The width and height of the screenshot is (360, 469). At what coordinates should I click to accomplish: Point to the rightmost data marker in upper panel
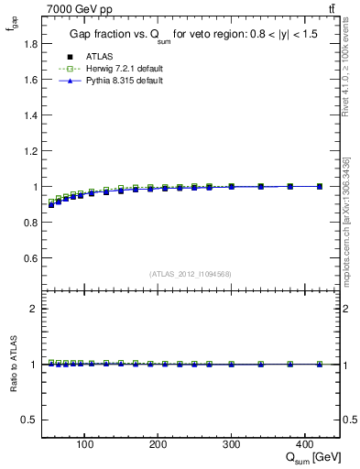(x=319, y=186)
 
